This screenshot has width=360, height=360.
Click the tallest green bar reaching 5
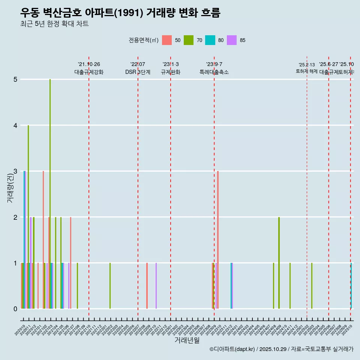click(50, 195)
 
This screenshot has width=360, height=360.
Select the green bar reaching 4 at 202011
click(28, 217)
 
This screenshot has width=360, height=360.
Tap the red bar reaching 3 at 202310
click(218, 240)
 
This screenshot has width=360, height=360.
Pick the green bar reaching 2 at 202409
click(279, 262)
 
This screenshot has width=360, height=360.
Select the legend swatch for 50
click(167, 40)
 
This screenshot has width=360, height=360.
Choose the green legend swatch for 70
click(188, 40)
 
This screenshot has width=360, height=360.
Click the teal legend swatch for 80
click(210, 40)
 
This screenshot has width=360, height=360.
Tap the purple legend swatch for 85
click(232, 40)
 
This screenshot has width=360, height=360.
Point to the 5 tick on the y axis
click(15, 79)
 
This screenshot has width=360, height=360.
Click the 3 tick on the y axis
click(15, 171)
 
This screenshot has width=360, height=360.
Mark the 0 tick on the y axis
click(15, 309)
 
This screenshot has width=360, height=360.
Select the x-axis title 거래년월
click(187, 340)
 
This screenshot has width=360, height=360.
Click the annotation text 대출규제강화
click(89, 72)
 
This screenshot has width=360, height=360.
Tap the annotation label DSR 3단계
click(138, 72)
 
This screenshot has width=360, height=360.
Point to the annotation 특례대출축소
click(214, 72)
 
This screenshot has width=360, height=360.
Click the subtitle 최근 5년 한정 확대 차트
click(54, 24)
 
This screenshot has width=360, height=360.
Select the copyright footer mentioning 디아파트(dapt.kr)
click(281, 349)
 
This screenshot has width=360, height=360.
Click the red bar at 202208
click(147, 286)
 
